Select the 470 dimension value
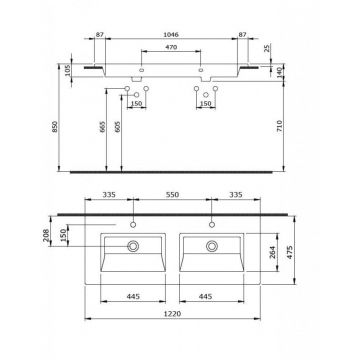coord(172,48)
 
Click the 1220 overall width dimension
coord(172,343)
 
